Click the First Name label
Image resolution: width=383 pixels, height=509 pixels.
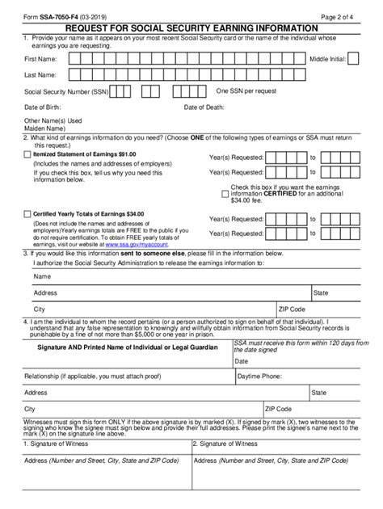(41, 59)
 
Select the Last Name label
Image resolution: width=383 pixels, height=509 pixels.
(40, 75)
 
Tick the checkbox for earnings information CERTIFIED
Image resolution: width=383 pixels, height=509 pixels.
(225, 193)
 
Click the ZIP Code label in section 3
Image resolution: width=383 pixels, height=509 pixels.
(291, 309)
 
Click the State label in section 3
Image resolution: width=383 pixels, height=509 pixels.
(320, 292)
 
